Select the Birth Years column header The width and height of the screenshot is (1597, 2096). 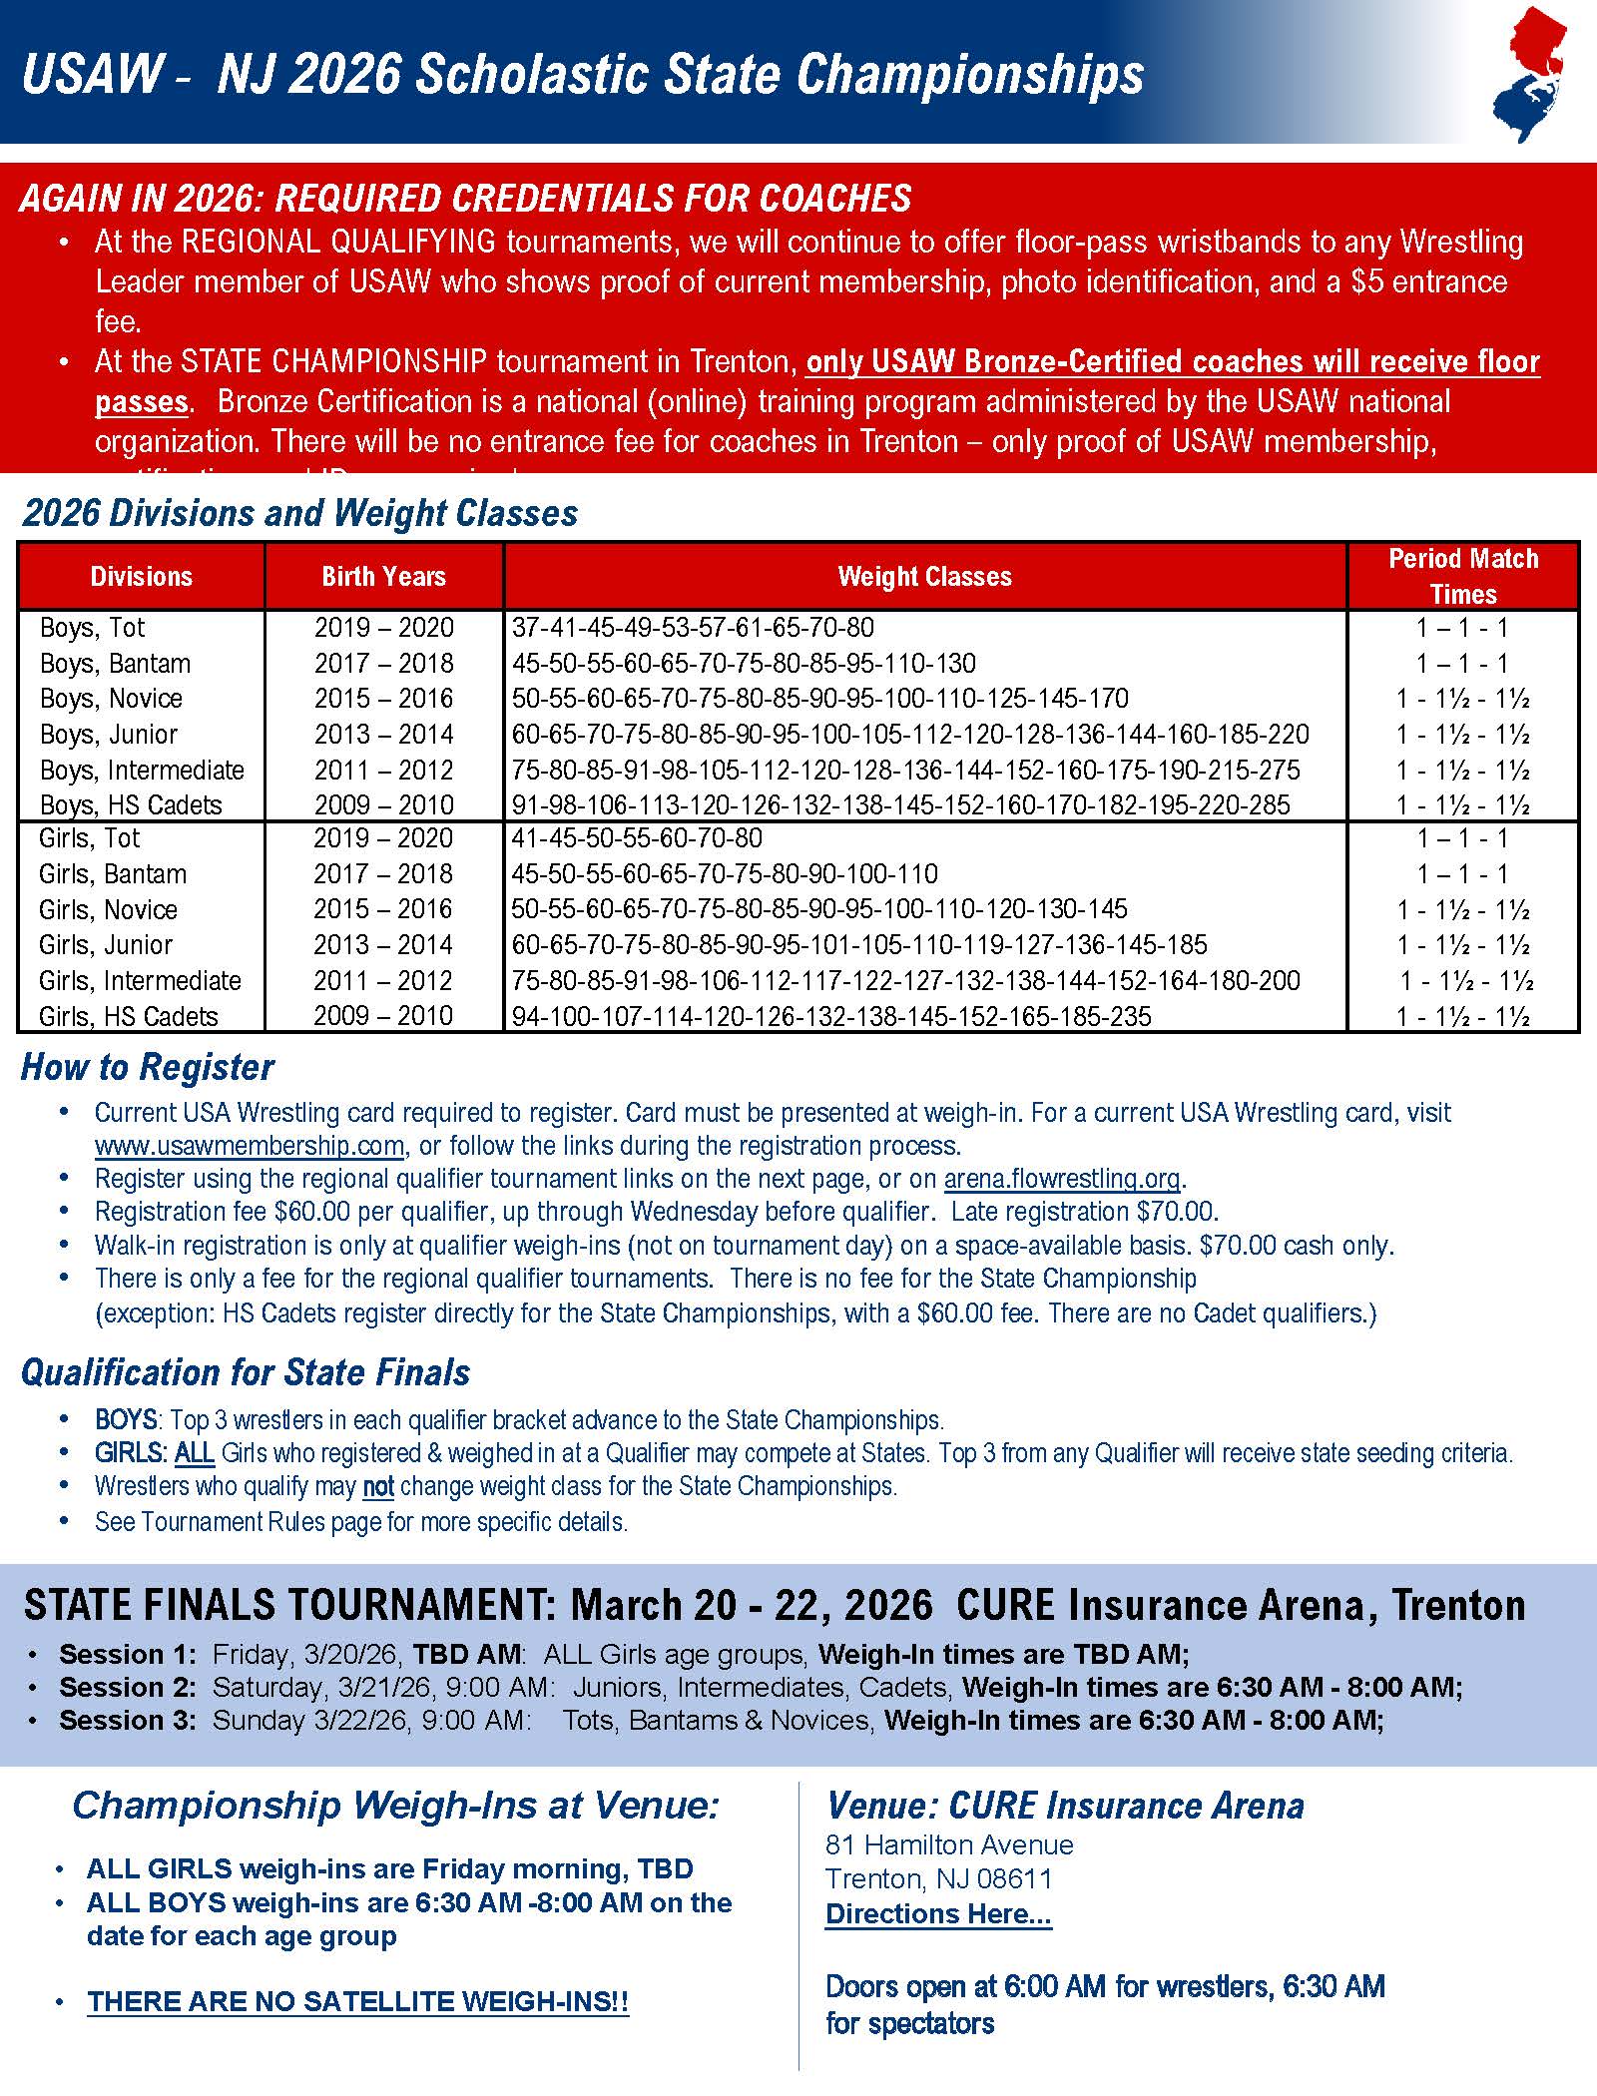pyautogui.click(x=383, y=576)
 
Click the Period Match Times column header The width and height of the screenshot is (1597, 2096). pyautogui.click(x=1462, y=576)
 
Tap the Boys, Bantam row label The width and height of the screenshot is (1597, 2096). pyautogui.click(x=115, y=664)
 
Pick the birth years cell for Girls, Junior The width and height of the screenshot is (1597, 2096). pyautogui.click(x=383, y=944)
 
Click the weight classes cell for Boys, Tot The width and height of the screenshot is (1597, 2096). pyautogui.click(x=693, y=628)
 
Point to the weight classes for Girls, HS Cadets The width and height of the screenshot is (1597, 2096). pyautogui.click(x=831, y=1016)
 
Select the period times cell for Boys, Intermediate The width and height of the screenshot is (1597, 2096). pyautogui.click(x=1462, y=771)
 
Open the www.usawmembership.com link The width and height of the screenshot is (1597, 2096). pyautogui.click(x=250, y=1146)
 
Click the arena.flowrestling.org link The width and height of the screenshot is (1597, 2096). pyautogui.click(x=1062, y=1179)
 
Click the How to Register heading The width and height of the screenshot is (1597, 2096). pyautogui.click(x=148, y=1067)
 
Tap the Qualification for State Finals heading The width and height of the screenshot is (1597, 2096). pyautogui.click(x=246, y=1372)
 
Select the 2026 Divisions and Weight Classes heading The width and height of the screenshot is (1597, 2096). pyautogui.click(x=300, y=513)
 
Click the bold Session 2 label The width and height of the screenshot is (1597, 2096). pyautogui.click(x=128, y=1687)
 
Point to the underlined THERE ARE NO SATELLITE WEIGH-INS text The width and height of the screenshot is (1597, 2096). pyautogui.click(x=357, y=2001)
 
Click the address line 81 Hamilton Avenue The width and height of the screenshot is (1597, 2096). pyautogui.click(x=949, y=1844)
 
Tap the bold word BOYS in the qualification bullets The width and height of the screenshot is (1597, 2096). pyautogui.click(x=126, y=1419)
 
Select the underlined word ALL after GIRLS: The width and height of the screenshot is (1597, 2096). pyautogui.click(x=195, y=1452)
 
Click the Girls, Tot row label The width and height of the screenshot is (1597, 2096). pyautogui.click(x=90, y=838)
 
